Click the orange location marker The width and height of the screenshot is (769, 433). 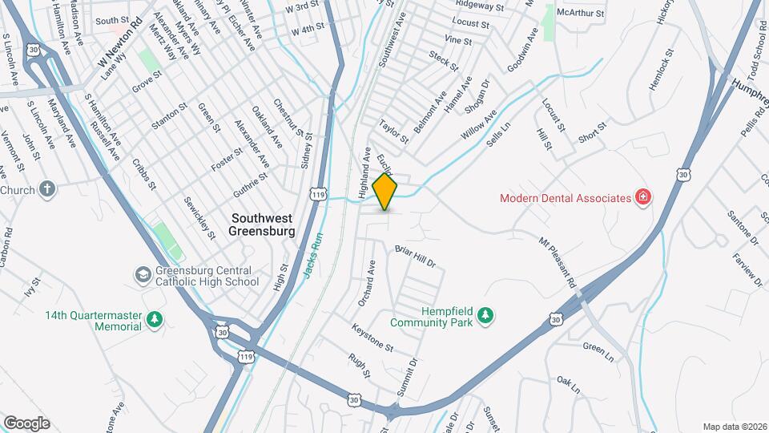click(x=385, y=192)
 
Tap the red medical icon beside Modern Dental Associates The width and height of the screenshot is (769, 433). click(x=642, y=197)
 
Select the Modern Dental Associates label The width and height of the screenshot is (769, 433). click(x=565, y=198)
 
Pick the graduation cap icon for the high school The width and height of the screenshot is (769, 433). click(x=143, y=275)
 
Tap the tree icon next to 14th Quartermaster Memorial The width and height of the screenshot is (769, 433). click(x=155, y=321)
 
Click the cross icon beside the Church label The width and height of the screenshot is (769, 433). click(x=47, y=190)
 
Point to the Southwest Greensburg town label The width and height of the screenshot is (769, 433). click(x=263, y=225)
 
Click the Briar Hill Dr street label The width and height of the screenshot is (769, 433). click(x=415, y=256)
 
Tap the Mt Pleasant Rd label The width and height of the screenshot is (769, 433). click(x=558, y=261)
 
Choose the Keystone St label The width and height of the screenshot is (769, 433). click(x=372, y=338)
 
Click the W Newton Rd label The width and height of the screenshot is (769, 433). click(x=124, y=49)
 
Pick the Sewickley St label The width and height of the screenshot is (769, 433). click(x=199, y=217)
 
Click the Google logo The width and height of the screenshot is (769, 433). click(x=26, y=423)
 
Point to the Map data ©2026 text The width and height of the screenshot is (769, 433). click(x=734, y=427)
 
